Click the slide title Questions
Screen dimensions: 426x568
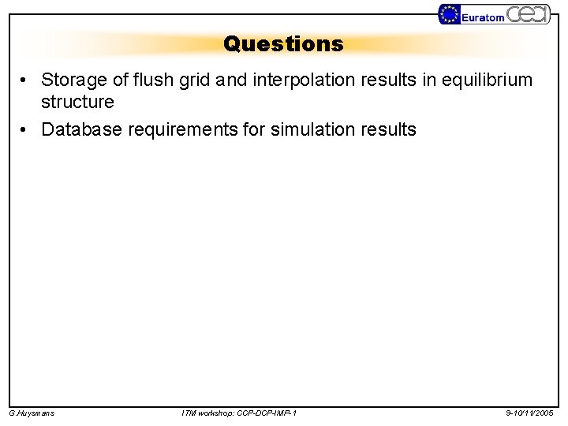[283, 43]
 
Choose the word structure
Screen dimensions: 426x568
[77, 102]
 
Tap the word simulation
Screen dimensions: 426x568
[312, 129]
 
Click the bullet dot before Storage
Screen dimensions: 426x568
[26, 80]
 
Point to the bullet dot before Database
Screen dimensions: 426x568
[26, 129]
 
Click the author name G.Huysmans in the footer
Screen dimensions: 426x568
[31, 413]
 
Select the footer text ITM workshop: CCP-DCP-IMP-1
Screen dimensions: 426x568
[239, 413]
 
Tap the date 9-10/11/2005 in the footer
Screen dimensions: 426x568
[529, 413]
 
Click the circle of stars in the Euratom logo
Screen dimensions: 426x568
[450, 14]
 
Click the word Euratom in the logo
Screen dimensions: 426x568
[483, 17]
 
